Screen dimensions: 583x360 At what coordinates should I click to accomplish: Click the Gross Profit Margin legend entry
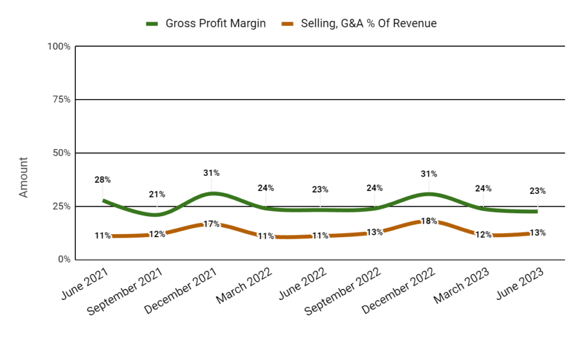206,23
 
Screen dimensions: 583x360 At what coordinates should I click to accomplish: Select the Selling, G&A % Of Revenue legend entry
359,23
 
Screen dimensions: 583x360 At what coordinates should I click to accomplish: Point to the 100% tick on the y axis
59,47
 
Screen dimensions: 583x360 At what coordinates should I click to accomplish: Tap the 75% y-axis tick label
61,100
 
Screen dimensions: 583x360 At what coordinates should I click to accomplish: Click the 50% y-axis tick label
61,153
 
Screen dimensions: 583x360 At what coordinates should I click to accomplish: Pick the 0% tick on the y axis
64,259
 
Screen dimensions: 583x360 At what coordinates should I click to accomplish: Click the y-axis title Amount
23,177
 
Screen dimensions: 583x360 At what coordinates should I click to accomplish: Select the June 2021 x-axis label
85,284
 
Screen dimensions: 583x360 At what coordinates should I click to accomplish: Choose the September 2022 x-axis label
343,292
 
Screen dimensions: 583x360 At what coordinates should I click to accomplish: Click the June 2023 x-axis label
520,284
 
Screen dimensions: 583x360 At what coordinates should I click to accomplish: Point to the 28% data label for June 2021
103,180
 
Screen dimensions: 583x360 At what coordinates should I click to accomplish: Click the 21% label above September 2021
157,195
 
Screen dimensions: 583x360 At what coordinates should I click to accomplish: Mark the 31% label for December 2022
429,174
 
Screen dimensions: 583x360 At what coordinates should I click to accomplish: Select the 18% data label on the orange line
429,221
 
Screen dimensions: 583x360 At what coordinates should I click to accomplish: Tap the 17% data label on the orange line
211,224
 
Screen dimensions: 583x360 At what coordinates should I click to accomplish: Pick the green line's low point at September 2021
156,214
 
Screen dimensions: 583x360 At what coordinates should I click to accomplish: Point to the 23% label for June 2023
538,191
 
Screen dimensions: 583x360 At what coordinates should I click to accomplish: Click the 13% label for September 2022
374,232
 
